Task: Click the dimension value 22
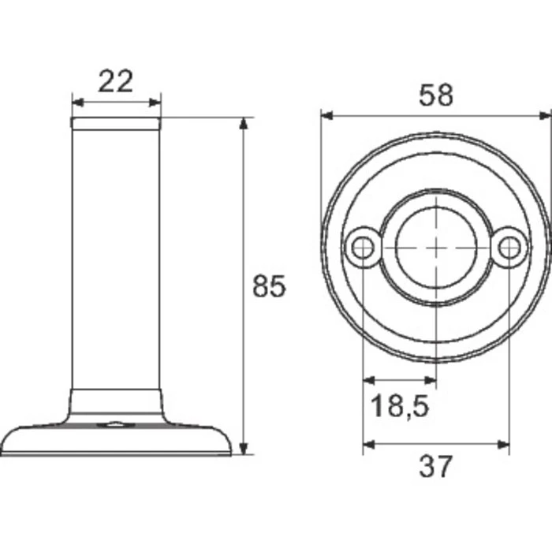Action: [115, 81]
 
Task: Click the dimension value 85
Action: [268, 285]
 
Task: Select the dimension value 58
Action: [436, 95]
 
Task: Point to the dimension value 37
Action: [436, 466]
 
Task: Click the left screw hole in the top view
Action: [363, 248]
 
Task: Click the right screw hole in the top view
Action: [509, 248]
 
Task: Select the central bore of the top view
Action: [436, 247]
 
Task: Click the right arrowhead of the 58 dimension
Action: [545, 116]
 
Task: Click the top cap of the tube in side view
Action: [116, 123]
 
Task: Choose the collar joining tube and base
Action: [116, 401]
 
